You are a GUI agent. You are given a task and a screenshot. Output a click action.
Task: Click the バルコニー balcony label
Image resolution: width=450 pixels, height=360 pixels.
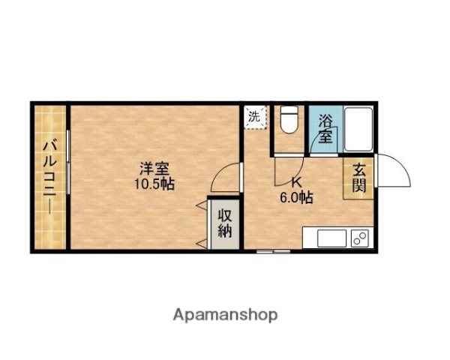point(50,176)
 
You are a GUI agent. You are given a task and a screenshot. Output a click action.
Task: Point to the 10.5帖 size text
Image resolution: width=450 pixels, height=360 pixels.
point(154,184)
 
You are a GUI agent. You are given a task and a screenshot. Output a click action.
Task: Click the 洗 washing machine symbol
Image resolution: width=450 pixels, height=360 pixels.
point(255,117)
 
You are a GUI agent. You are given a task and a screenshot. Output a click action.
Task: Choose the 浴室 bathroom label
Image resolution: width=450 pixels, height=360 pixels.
point(325,127)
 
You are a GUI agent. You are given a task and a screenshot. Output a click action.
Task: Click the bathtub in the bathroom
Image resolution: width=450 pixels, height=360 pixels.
point(358,129)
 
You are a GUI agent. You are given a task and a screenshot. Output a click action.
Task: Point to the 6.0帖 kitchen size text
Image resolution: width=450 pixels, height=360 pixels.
point(297,198)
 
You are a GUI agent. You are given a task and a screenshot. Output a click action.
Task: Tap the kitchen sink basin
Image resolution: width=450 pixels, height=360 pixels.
point(331,238)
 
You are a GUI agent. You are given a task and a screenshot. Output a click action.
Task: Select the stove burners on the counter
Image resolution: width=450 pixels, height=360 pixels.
point(359,238)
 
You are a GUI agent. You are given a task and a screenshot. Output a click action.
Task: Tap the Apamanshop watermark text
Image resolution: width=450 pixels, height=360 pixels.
point(226,315)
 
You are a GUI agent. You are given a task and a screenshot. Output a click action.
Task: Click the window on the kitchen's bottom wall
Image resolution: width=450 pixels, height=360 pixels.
point(272,251)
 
